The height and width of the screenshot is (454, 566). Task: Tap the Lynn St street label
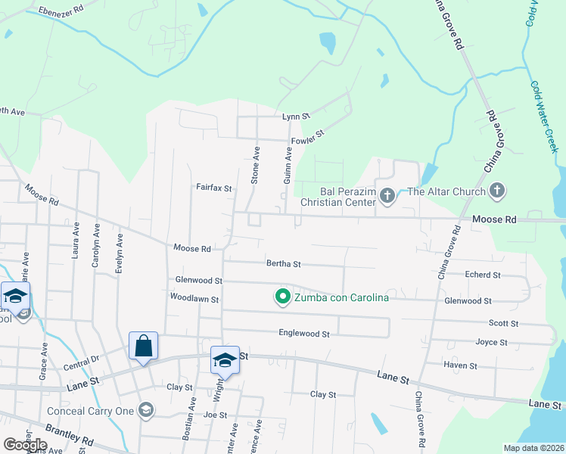point(297,117)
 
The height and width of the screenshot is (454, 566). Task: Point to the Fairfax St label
point(213,187)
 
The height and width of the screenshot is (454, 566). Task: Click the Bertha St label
point(284,264)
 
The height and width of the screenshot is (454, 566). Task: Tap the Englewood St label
point(304,333)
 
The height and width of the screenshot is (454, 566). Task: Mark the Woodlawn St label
point(194,300)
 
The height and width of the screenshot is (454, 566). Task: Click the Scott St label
point(503,323)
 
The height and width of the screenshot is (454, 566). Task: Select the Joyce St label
point(491,342)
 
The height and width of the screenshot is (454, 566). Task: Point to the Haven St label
point(461,365)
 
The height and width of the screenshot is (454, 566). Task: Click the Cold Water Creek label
point(544,117)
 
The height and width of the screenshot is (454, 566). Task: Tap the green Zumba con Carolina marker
point(282,297)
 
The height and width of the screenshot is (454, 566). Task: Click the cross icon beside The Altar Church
point(497,191)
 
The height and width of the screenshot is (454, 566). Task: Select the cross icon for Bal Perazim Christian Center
point(387,197)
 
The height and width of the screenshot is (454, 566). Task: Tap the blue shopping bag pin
point(143,347)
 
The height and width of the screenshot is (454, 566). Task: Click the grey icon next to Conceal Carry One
point(146,411)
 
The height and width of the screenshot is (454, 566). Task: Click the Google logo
point(25,445)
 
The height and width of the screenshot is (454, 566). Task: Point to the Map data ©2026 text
point(533,448)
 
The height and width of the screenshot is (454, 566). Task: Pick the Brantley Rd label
point(68,434)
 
